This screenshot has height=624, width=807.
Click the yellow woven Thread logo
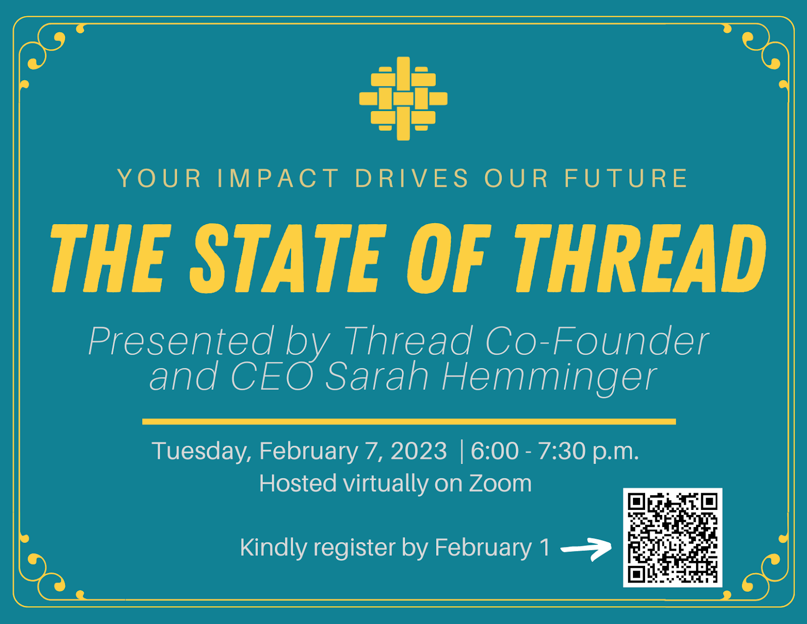[403, 98]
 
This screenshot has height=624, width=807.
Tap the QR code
[672, 537]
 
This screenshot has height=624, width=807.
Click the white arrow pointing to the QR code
[586, 549]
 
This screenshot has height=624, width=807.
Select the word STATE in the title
[288, 258]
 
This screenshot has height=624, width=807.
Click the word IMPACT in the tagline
[278, 178]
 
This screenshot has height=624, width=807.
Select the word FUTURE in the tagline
[626, 178]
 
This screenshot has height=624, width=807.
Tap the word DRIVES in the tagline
[412, 178]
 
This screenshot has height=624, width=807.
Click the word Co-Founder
[597, 341]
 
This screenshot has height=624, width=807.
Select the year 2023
[419, 451]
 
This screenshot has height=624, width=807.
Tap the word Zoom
[500, 483]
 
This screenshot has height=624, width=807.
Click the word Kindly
[273, 548]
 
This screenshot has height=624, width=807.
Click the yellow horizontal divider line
[409, 422]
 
